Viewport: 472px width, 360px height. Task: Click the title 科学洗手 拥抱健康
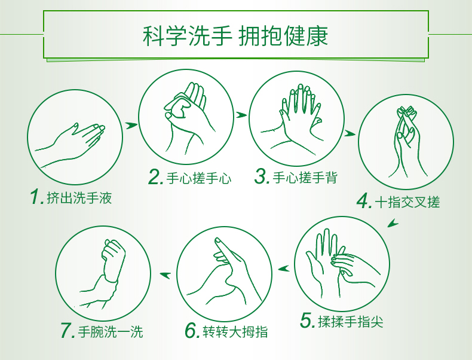tap(235, 36)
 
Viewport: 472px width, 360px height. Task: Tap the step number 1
tap(37, 197)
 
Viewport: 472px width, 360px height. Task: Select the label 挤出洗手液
tap(79, 198)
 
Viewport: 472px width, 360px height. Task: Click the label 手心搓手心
tap(199, 178)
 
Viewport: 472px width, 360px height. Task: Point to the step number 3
tap(262, 176)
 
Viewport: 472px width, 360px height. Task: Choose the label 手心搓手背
tap(305, 177)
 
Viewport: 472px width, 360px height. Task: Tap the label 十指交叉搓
tap(407, 202)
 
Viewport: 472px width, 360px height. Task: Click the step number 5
tap(308, 321)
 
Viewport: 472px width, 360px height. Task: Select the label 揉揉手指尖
tap(351, 322)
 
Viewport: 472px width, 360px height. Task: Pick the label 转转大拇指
tap(235, 332)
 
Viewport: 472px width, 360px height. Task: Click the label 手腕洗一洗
tap(111, 332)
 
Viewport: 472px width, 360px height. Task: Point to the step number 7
tap(68, 331)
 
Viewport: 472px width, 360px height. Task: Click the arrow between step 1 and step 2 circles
tap(131, 125)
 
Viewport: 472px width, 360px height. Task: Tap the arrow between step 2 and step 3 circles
tap(241, 115)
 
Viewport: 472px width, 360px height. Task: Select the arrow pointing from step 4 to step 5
tap(393, 223)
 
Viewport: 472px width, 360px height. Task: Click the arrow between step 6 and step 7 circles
tap(165, 274)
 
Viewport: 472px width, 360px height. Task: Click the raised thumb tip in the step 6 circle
tap(218, 240)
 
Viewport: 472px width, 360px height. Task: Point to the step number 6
tap(192, 331)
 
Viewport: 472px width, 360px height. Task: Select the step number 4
tap(364, 201)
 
